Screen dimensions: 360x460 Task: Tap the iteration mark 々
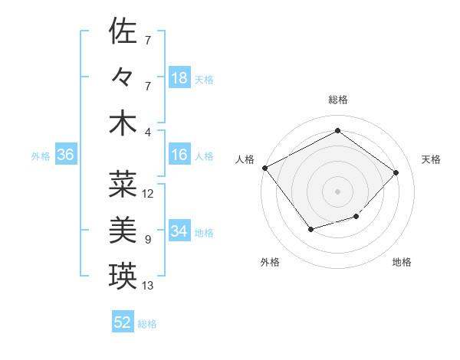(123, 77)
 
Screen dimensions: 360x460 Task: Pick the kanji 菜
(123, 184)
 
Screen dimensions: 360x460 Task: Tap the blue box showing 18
(179, 78)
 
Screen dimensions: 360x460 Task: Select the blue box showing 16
(179, 155)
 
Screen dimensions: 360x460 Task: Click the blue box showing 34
(179, 232)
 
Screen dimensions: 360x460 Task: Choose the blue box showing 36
(66, 155)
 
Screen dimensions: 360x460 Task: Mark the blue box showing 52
(123, 322)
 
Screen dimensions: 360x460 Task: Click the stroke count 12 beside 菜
(148, 193)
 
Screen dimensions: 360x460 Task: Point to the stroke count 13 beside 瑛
(148, 286)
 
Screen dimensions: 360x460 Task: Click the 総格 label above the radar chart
(337, 100)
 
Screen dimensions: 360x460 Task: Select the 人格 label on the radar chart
(245, 159)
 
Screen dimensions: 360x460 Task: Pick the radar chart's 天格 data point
(396, 172)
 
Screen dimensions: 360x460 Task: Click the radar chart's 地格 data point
(356, 217)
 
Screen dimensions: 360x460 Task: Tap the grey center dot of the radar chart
(337, 191)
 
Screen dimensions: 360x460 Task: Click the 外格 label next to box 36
(41, 156)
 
